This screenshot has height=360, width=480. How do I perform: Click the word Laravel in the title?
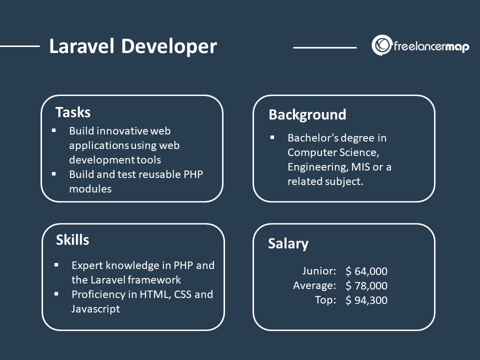81,46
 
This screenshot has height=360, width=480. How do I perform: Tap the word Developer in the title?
169,47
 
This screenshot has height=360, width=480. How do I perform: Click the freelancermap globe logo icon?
381,45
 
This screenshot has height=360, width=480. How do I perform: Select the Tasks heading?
73,112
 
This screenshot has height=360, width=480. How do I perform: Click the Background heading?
307,115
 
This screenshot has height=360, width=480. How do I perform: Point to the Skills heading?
72,240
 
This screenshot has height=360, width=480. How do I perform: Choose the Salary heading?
288,244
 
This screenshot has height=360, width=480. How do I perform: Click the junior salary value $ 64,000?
366,271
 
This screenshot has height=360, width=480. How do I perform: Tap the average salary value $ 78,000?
366,285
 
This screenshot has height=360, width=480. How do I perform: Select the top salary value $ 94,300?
366,300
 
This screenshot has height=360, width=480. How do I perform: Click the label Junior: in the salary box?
319,271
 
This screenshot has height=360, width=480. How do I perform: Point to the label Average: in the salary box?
314,285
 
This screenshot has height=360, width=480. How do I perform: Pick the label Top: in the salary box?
325,300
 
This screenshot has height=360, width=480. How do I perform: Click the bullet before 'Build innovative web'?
54,130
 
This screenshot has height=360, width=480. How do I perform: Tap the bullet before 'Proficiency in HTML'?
56,294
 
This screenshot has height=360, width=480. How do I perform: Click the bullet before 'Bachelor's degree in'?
272,138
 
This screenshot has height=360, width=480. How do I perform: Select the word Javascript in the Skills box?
96,309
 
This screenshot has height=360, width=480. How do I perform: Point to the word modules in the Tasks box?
90,189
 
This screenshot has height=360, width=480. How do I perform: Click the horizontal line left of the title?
20,46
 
